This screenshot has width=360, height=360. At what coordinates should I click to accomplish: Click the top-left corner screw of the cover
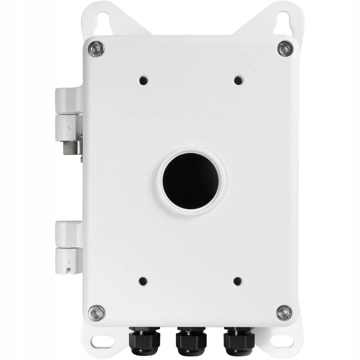tap(95, 49)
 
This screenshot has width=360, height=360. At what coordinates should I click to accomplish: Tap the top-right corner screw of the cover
tap(285, 49)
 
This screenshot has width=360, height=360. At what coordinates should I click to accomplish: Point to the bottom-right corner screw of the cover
tap(284, 313)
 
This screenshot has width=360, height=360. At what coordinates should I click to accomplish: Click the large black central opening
tap(190, 180)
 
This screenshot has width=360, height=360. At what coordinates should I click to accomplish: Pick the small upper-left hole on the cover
tap(143, 79)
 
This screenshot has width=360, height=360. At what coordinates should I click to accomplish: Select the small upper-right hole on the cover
tap(237, 79)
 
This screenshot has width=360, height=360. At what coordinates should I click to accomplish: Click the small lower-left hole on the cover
tap(143, 281)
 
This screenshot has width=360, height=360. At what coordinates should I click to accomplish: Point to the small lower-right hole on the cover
tap(237, 281)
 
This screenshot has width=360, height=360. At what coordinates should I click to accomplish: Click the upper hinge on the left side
tap(67, 115)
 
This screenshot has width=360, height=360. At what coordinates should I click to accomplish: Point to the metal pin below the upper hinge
tap(71, 149)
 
